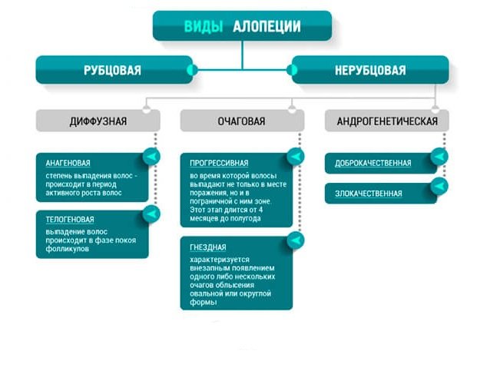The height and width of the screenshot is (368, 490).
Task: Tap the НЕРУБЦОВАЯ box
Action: click(x=369, y=71)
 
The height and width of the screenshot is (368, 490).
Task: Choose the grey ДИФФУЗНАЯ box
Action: click(x=98, y=121)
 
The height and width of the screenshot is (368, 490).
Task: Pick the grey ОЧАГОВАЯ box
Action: click(x=242, y=121)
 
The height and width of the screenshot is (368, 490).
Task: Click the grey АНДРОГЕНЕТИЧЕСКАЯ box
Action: click(x=386, y=121)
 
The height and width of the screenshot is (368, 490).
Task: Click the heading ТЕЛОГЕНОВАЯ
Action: click(x=69, y=219)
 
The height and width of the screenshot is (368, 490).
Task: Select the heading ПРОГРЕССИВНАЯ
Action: click(x=219, y=163)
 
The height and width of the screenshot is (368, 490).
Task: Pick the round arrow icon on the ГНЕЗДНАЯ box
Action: click(x=295, y=241)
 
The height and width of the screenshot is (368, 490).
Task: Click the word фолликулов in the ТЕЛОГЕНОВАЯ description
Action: click(x=68, y=250)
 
